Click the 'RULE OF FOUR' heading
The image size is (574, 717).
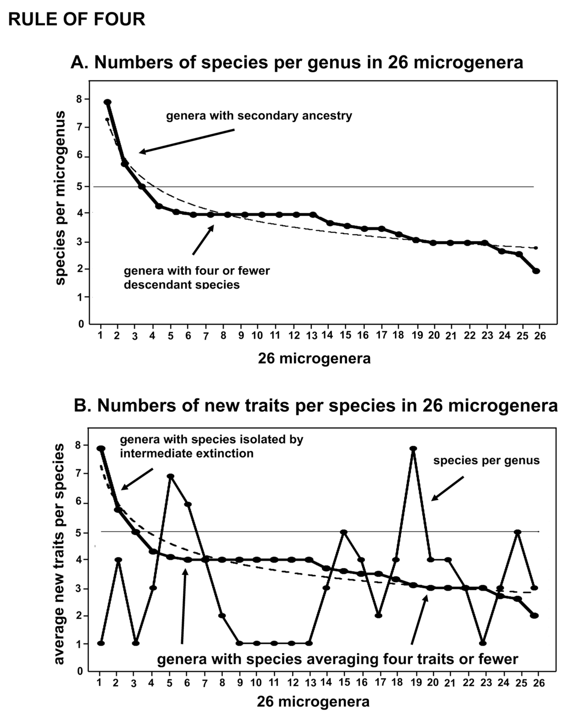coord(77,19)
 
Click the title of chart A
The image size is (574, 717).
coord(297,62)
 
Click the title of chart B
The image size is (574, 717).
coord(315,405)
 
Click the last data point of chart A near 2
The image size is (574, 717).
coord(536,271)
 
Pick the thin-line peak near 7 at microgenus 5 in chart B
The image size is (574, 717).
coord(170,476)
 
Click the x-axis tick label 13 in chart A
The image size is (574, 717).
coord(311,336)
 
